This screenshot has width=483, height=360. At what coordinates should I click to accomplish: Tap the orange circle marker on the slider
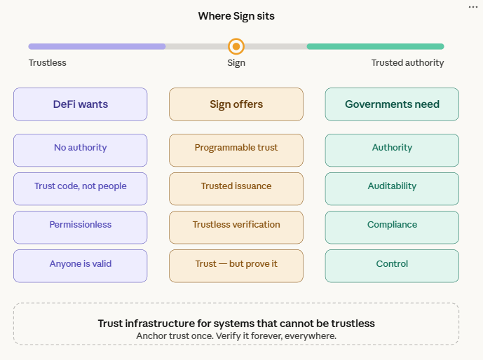236,47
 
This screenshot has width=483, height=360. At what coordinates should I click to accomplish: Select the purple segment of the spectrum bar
97,47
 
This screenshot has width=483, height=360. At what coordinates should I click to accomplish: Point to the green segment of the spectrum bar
375,47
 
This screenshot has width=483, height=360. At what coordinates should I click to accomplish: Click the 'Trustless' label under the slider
48,63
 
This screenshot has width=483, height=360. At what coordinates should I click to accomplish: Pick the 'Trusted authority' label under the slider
407,63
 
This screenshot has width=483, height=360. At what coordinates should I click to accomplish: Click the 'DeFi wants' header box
81,104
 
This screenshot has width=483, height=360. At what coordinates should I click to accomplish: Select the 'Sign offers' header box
236,104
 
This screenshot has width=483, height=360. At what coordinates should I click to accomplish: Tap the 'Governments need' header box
392,104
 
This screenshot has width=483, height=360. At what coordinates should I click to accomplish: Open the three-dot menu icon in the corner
472,7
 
